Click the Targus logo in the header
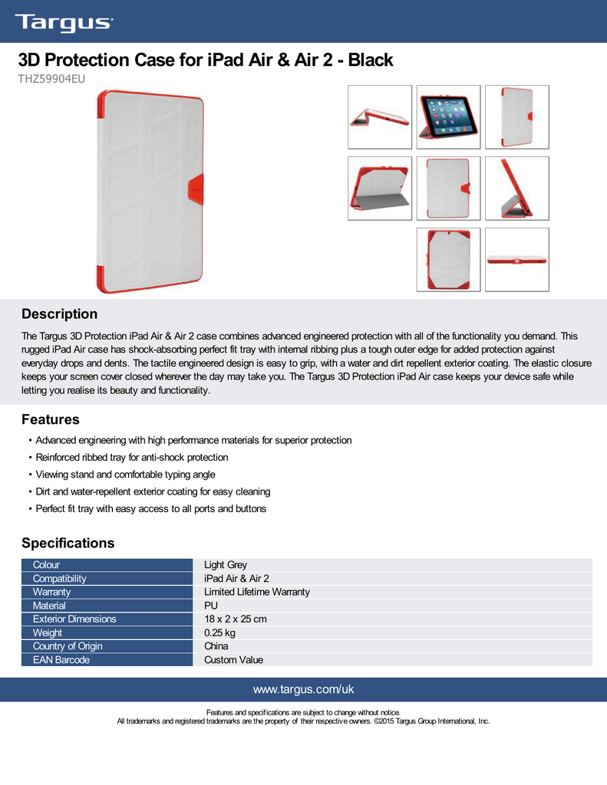[64, 23]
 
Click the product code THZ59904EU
[51, 79]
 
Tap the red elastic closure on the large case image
[196, 189]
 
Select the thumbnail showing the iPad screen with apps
[449, 117]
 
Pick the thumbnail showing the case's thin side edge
[516, 260]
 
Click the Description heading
[59, 314]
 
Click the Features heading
[51, 419]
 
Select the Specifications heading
[68, 544]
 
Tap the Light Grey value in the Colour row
[226, 565]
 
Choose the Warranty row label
[51, 592]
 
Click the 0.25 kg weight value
[219, 632]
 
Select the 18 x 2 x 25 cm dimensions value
[235, 619]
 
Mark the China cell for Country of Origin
[216, 646]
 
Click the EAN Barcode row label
[61, 660]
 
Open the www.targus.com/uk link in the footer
[303, 689]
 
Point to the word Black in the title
[371, 60]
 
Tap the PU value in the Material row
[211, 606]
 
